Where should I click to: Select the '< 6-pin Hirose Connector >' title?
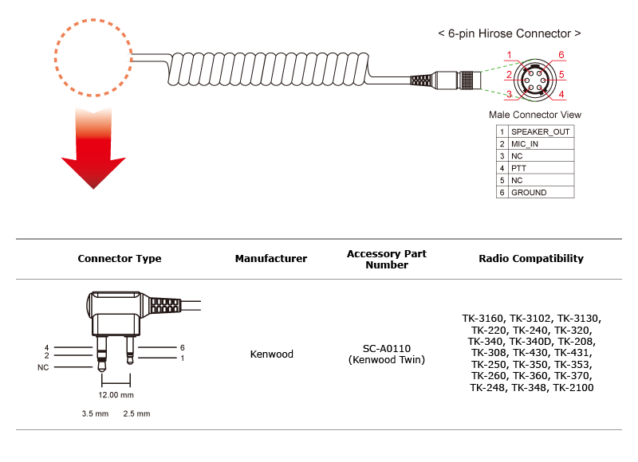pos(509,33)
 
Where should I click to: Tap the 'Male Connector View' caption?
pos(535,115)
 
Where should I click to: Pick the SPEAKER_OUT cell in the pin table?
pos(541,131)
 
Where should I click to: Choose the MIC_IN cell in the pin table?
pos(541,144)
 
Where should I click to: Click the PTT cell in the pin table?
pos(541,168)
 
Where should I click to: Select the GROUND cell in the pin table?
pos(541,193)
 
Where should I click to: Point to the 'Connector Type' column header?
pos(120,258)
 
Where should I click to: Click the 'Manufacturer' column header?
pos(271,258)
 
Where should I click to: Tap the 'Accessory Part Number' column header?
pos(387,259)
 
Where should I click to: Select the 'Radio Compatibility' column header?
pos(531,258)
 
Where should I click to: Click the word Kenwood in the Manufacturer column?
pos(271,354)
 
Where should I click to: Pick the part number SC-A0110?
pos(387,348)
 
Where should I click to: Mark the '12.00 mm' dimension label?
pos(116,395)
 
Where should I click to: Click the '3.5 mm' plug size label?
pos(95,413)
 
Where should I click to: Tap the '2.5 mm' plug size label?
pos(136,413)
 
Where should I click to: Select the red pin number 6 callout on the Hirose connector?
pos(561,55)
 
